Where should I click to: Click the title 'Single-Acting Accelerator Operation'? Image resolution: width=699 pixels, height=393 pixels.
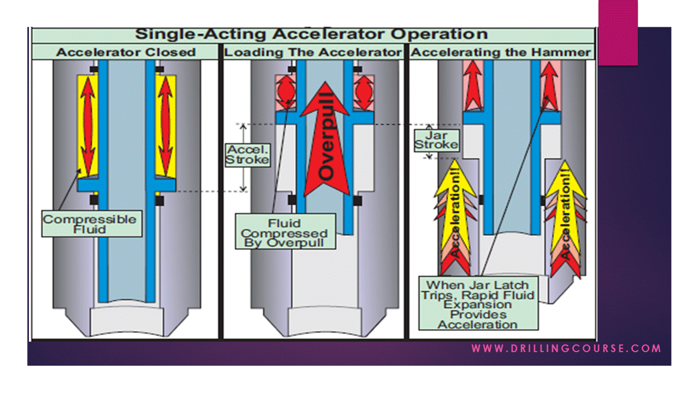tap(311, 34)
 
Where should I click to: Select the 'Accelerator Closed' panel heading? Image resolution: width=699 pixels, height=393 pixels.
tap(126, 52)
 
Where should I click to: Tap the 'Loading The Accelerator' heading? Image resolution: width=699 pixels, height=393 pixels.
tap(313, 52)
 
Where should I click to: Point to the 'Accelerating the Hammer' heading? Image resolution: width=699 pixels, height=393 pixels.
tap(501, 52)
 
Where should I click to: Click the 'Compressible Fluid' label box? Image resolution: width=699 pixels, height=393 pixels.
tap(90, 224)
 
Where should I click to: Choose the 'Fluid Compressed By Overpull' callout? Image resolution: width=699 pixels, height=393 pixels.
tap(285, 233)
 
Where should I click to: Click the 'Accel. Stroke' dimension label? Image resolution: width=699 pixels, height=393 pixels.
tap(248, 154)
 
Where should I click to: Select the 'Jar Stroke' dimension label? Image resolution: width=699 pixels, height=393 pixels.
tap(436, 140)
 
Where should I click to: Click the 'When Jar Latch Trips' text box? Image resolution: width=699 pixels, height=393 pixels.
tap(478, 305)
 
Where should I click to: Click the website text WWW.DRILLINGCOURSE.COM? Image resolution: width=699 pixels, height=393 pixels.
tap(566, 348)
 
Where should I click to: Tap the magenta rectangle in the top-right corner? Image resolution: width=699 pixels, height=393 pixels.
tap(618, 33)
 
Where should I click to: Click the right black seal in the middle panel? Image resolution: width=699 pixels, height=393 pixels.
tap(357, 200)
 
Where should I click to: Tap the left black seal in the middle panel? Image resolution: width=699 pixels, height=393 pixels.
tap(292, 200)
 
